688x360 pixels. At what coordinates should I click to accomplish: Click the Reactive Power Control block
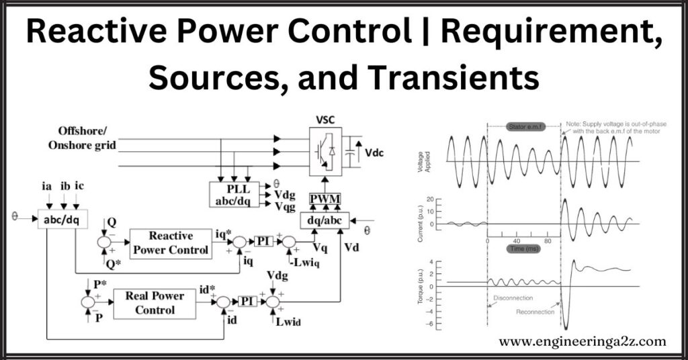click(171, 243)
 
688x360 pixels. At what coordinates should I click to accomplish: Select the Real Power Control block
click(155, 303)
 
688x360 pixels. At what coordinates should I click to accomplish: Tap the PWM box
click(325, 199)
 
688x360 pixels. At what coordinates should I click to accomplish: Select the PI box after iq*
click(264, 240)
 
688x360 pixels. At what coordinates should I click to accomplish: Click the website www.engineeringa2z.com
click(582, 341)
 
